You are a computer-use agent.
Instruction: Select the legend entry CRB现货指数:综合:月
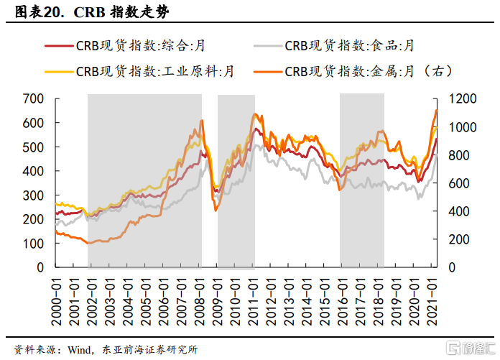pyautogui.click(x=141, y=46)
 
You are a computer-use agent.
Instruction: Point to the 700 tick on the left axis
pyautogui.click(x=34, y=98)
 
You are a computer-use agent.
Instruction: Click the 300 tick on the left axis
pyautogui.click(x=34, y=195)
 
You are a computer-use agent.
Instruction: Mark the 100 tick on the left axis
pyautogui.click(x=34, y=244)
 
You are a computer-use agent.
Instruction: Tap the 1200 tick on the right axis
pyautogui.click(x=460, y=98)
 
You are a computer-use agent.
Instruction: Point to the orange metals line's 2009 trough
pyautogui.click(x=216, y=210)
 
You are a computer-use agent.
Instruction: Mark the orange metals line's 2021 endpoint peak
pyautogui.click(x=435, y=110)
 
